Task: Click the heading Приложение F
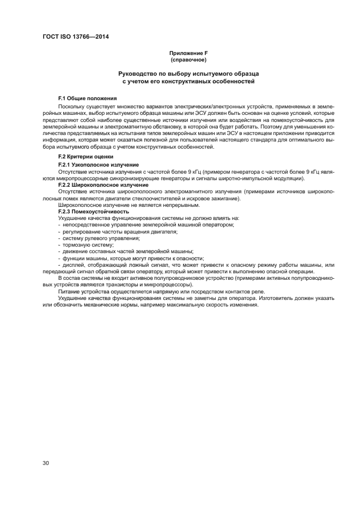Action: tap(188, 53)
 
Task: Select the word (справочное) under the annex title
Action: tap(188, 59)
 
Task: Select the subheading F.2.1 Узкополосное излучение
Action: tap(98, 164)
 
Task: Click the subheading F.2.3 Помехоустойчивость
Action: tap(94, 211)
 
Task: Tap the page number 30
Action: tap(46, 463)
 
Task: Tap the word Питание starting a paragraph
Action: tap(70, 291)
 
